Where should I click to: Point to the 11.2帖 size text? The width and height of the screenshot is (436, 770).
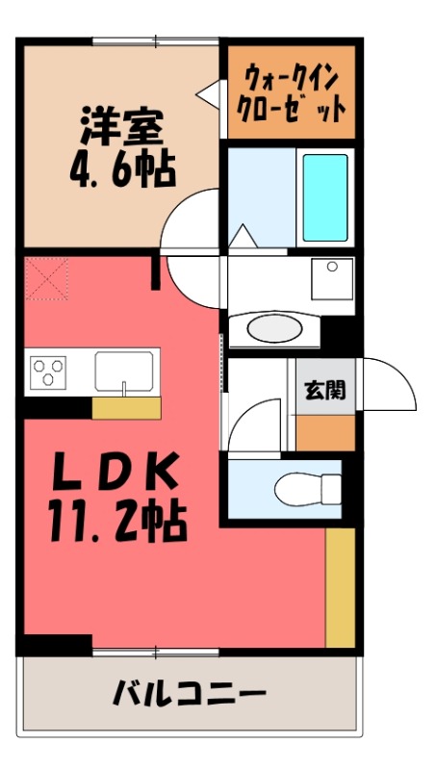(115, 522)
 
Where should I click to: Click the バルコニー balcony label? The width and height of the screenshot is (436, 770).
(189, 693)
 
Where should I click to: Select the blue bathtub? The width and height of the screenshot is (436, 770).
(324, 196)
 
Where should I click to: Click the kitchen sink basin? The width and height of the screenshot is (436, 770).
(123, 371)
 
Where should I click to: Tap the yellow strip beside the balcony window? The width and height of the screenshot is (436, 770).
(340, 587)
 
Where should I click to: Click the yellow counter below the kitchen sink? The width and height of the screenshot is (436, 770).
(125, 408)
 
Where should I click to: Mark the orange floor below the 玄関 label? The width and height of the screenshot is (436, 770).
(324, 433)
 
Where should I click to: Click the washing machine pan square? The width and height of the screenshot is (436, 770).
(331, 278)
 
